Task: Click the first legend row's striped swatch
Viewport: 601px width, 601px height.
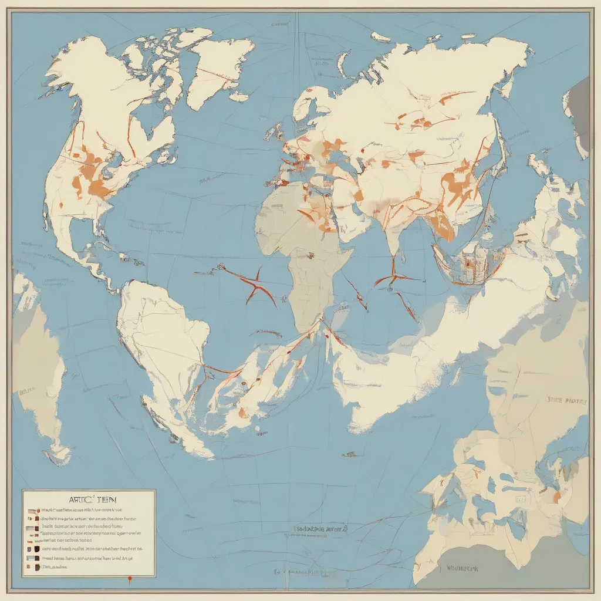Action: pos(32,511)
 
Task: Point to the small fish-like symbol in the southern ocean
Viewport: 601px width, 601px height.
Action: pos(350,453)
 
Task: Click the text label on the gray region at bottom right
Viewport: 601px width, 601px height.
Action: pos(464,568)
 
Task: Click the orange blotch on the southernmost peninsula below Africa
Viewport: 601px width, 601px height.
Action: pos(242,413)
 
